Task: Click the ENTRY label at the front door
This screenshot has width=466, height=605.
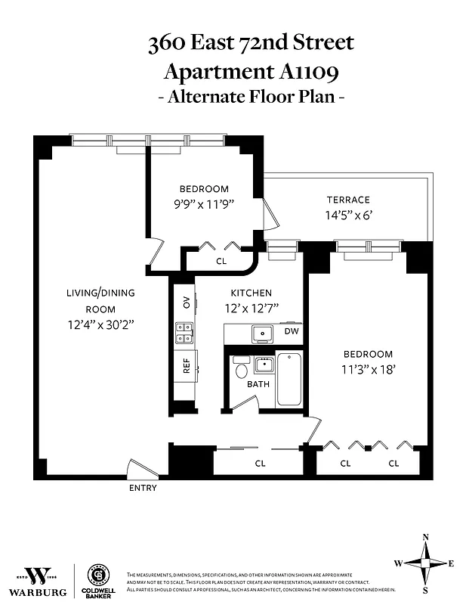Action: [x=143, y=488]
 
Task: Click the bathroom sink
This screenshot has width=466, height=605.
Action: [x=263, y=365]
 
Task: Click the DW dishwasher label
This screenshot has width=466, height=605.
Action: [x=291, y=331]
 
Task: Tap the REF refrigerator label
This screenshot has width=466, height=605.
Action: [x=186, y=367]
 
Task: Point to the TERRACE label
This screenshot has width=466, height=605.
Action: [x=348, y=200]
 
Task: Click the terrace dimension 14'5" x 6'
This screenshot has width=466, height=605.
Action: [x=348, y=215]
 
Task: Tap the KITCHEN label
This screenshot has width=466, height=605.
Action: [x=251, y=293]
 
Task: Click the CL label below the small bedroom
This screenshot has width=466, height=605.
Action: [x=221, y=261]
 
